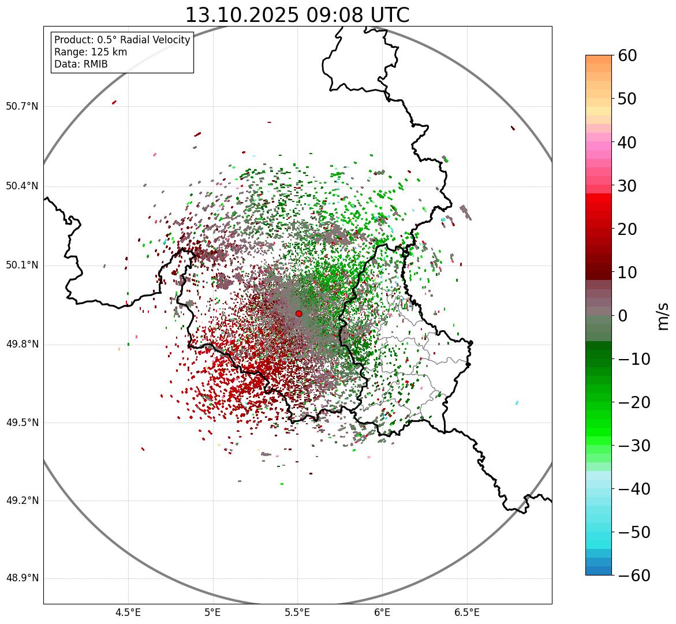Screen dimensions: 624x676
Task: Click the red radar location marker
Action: coord(298,313)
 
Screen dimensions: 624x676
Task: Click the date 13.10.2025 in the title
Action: coord(242,15)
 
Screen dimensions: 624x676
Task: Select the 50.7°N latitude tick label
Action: coord(22,107)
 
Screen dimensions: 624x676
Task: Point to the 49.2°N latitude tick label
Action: coord(22,500)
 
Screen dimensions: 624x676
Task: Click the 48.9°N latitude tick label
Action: coord(22,578)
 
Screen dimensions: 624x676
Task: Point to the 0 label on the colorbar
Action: coord(623,316)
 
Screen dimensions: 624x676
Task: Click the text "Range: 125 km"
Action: coord(91,52)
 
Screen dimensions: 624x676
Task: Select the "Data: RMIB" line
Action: coord(81,64)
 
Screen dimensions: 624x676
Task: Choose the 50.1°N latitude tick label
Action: coord(22,266)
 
